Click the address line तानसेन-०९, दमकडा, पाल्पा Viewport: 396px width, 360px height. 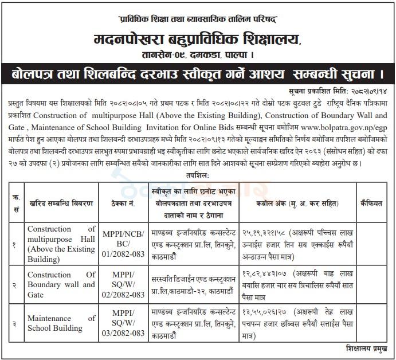198,57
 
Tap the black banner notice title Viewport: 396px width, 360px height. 198,75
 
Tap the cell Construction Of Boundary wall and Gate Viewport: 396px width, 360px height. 61,284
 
